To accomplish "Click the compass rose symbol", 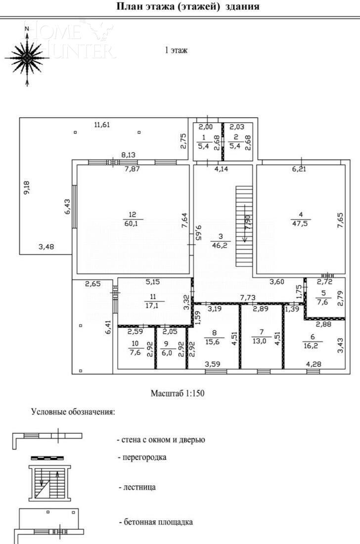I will click(28, 57).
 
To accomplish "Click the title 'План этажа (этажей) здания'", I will click(187, 7).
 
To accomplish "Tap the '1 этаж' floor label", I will click(176, 50).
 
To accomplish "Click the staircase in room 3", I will click(243, 226).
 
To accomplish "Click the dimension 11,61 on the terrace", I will click(102, 125).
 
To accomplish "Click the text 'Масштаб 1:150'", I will click(178, 394).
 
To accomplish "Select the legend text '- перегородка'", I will click(142, 457).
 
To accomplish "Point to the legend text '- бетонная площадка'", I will click(155, 522).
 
